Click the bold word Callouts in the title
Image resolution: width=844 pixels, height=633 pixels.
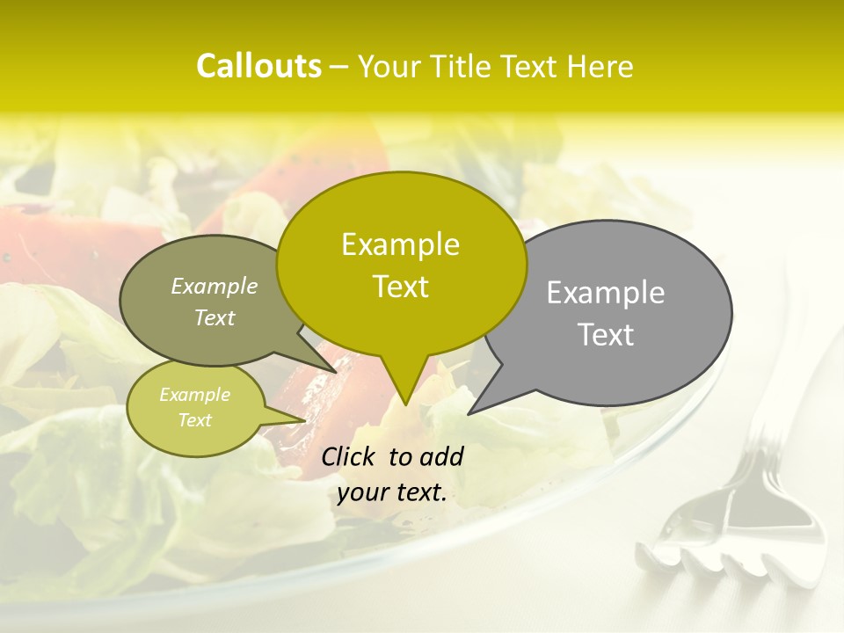click(258, 66)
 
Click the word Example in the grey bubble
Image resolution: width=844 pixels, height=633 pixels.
click(606, 293)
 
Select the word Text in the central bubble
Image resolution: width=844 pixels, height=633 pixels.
click(401, 287)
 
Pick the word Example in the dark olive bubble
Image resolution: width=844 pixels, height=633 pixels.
click(215, 286)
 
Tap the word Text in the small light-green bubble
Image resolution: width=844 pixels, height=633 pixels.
click(195, 420)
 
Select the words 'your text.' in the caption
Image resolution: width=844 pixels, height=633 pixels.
click(392, 493)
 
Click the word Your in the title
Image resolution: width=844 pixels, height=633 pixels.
click(388, 67)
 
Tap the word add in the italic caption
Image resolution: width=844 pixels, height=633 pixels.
click(441, 456)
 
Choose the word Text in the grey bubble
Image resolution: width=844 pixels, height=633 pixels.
click(607, 335)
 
